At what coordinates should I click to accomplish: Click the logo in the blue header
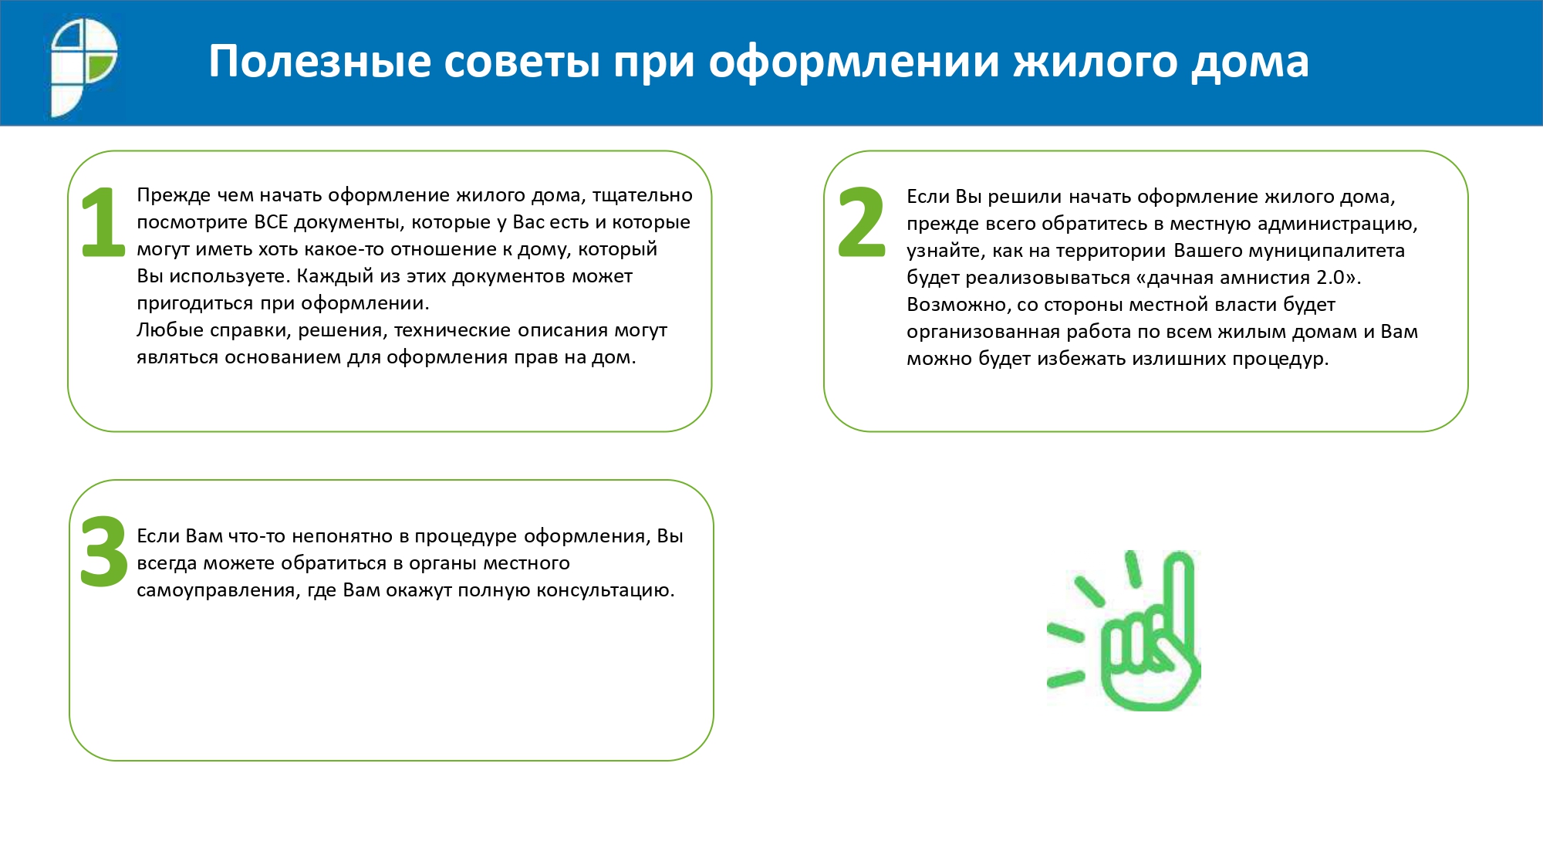click(x=83, y=68)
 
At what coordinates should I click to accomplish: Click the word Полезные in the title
click(x=320, y=61)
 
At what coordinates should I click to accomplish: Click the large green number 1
click(x=103, y=222)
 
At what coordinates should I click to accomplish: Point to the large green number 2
click(x=862, y=222)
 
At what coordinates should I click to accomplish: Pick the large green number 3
click(x=104, y=551)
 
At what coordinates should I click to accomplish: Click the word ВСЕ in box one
click(x=271, y=222)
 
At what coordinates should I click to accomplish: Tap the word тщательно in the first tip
click(x=643, y=196)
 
